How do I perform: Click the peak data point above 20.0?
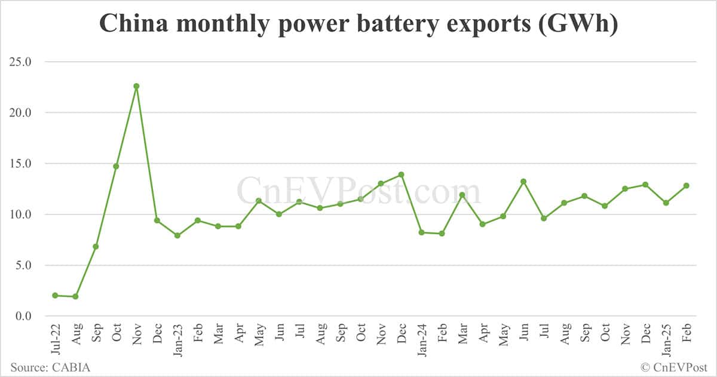pyautogui.click(x=136, y=86)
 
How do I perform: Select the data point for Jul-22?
pyautogui.click(x=55, y=295)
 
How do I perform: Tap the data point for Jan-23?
pyautogui.click(x=177, y=235)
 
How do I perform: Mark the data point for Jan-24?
pyautogui.click(x=421, y=232)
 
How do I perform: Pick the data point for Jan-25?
pyautogui.click(x=666, y=203)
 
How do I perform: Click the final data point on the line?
pyautogui.click(x=686, y=185)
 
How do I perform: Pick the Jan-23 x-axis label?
pyautogui.click(x=177, y=339)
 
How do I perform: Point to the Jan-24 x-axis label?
pyautogui.click(x=421, y=339)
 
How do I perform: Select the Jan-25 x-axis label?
pyautogui.click(x=666, y=339)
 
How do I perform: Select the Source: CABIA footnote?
pyautogui.click(x=50, y=367)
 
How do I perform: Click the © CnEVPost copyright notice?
pyautogui.click(x=673, y=367)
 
